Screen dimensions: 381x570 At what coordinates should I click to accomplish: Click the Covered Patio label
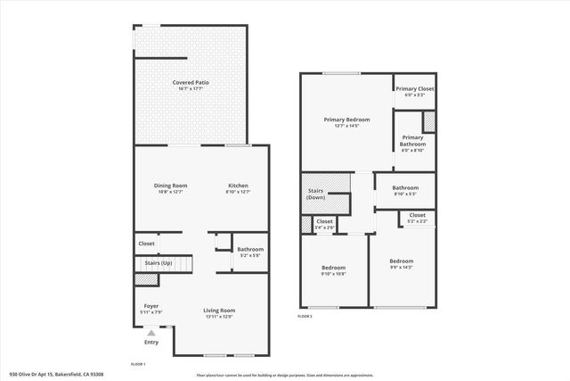coord(189,83)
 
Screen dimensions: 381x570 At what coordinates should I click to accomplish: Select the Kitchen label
coord(238,186)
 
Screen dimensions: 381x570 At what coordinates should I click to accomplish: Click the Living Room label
coord(220,311)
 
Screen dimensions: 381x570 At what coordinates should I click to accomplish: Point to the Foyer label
coord(151,306)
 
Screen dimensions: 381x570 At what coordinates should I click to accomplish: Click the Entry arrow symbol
coord(151,333)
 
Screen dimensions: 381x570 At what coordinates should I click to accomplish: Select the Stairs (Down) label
coord(316,193)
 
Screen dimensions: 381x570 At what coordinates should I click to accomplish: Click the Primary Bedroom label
coord(346,120)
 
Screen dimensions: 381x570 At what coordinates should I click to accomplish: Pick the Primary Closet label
coord(414,89)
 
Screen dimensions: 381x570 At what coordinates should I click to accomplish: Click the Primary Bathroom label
coord(412,141)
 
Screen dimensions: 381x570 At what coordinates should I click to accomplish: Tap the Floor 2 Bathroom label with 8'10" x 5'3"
coord(405,187)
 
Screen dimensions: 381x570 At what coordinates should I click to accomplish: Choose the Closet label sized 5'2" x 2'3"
coord(417,215)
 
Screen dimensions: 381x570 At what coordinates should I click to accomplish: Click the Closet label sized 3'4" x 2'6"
coord(324,221)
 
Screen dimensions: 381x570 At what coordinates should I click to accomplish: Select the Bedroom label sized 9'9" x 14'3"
coord(401,261)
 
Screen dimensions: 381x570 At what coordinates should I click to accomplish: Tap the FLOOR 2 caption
coord(305,316)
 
